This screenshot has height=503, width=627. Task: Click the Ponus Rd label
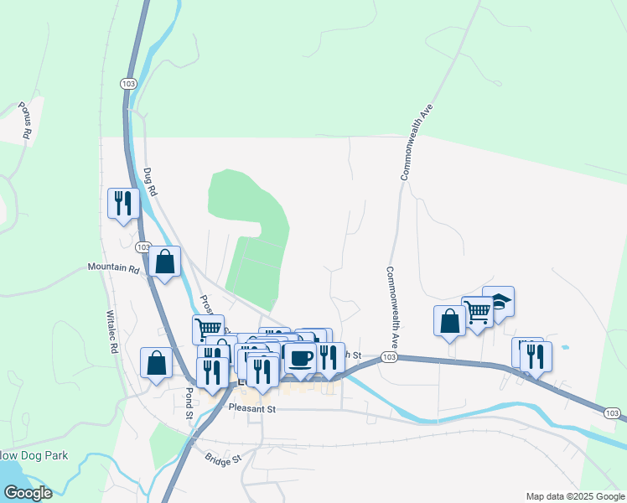coord(25,122)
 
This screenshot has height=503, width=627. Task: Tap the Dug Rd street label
coord(151,182)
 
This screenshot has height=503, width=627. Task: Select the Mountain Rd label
coord(113,268)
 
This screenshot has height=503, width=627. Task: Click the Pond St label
coord(189,400)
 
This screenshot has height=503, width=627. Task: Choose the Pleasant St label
coord(252,408)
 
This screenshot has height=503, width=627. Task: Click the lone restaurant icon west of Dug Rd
coord(123,202)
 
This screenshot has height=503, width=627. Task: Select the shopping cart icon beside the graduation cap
coord(477,312)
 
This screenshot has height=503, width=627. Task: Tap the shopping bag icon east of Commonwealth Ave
coord(449,321)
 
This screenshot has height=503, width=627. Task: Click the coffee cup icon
coord(301,357)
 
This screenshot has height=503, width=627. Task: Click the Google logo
coord(27,493)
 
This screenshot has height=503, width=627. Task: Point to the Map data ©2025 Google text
coord(574,496)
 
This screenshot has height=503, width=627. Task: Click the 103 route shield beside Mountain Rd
coord(142,247)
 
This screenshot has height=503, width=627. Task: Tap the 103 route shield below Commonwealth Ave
coord(388,356)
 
